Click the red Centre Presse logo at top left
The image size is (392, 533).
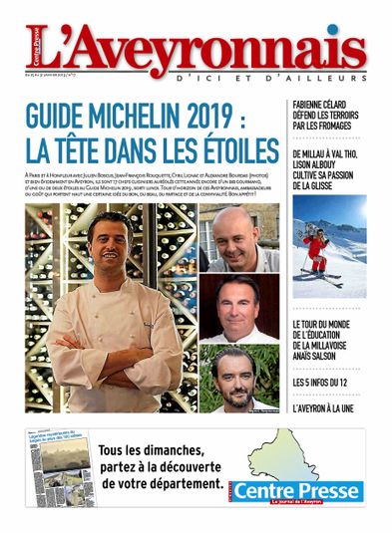[40, 41]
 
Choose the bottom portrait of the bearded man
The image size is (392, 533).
[238, 376]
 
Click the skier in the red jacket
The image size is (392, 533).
[317, 249]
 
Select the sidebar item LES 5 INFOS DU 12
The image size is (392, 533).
[325, 381]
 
